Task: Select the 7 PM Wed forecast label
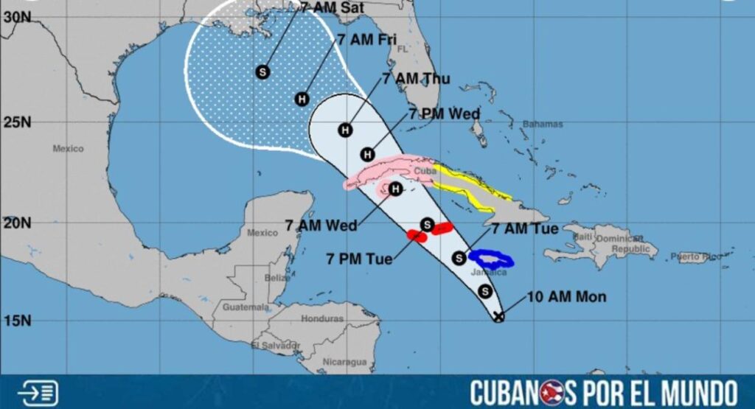pyautogui.click(x=444, y=113)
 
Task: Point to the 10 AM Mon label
pyautogui.click(x=566, y=297)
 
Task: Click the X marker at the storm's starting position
pyautogui.click(x=498, y=317)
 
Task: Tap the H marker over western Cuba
pyautogui.click(x=395, y=190)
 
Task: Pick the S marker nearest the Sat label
pyautogui.click(x=262, y=71)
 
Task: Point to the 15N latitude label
pyautogui.click(x=14, y=321)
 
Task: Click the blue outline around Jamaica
pyautogui.click(x=492, y=258)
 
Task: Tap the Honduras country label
pyautogui.click(x=322, y=319)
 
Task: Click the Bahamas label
pyautogui.click(x=542, y=125)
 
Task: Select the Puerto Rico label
pyautogui.click(x=696, y=257)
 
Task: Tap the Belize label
pyautogui.click(x=277, y=278)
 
